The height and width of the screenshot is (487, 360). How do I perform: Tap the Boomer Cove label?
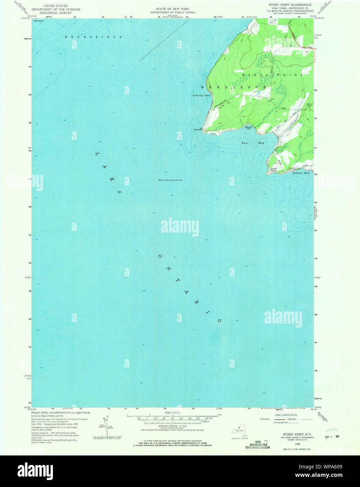click(x=249, y=128)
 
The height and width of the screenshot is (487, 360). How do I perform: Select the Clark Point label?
click(x=273, y=170)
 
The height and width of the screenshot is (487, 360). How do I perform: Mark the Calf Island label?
click(x=38, y=21)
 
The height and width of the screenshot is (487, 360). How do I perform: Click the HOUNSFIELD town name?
click(x=93, y=37)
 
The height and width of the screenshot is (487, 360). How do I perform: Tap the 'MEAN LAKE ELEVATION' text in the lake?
click(x=170, y=180)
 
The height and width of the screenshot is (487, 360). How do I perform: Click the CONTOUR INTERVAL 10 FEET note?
click(x=171, y=426)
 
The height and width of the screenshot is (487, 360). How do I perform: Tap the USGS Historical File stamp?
click(x=257, y=445)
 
